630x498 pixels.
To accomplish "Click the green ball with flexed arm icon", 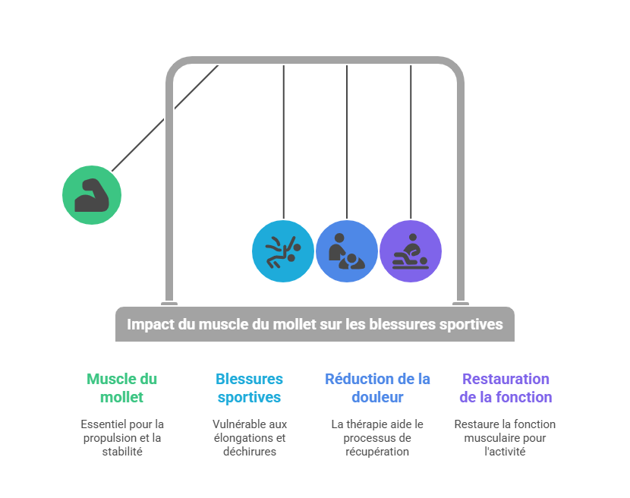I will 92,195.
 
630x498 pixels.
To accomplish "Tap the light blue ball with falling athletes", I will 283,251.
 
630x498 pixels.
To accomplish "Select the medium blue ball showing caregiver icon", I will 347,251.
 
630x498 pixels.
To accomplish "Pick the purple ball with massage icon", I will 411,251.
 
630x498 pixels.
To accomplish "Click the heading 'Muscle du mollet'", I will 121,387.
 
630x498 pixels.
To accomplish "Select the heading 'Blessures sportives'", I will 249,387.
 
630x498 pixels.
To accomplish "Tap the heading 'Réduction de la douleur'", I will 377,387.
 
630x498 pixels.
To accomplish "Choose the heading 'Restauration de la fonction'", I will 506,387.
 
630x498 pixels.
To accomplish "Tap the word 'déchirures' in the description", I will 249,452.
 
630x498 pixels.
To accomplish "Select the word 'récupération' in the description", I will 377,452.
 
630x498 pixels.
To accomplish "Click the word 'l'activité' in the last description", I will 505,452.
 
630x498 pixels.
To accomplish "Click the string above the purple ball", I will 411,144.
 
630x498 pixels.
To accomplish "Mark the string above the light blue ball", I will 283,144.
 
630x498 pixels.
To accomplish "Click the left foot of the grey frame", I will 169,303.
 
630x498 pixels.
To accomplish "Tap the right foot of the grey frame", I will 460,303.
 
